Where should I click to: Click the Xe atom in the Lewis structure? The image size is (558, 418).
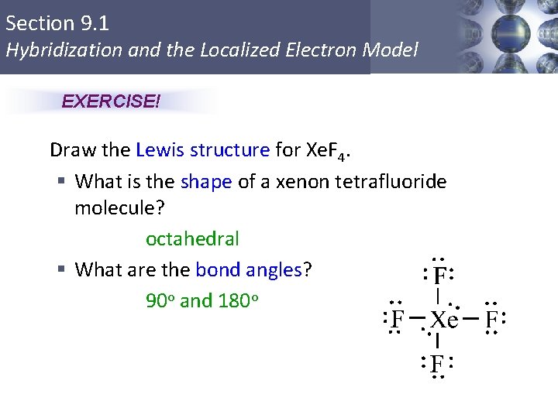click(444, 320)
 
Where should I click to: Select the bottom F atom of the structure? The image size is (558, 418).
click(437, 363)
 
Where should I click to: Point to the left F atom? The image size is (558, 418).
click(398, 319)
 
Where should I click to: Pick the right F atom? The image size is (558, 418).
click(491, 319)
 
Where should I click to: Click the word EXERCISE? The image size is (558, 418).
click(110, 102)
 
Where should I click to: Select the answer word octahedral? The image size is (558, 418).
click(192, 239)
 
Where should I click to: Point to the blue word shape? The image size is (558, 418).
click(206, 182)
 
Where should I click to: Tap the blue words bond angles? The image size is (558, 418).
click(248, 270)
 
